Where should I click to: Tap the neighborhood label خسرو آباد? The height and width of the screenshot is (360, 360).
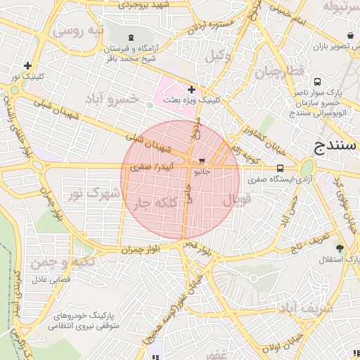click(x=112, y=98)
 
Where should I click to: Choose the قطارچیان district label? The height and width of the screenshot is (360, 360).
click(x=278, y=72)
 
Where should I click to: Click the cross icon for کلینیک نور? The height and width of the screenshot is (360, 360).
click(x=27, y=65)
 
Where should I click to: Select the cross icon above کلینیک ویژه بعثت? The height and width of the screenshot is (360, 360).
click(x=191, y=90)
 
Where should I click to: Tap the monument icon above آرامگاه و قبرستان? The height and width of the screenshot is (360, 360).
click(x=131, y=37)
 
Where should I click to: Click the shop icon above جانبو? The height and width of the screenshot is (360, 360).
click(x=202, y=161)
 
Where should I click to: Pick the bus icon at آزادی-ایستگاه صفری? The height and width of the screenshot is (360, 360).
click(x=281, y=169)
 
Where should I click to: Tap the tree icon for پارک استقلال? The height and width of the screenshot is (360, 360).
click(x=340, y=248)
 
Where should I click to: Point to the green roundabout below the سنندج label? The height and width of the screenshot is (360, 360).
click(x=306, y=169)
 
